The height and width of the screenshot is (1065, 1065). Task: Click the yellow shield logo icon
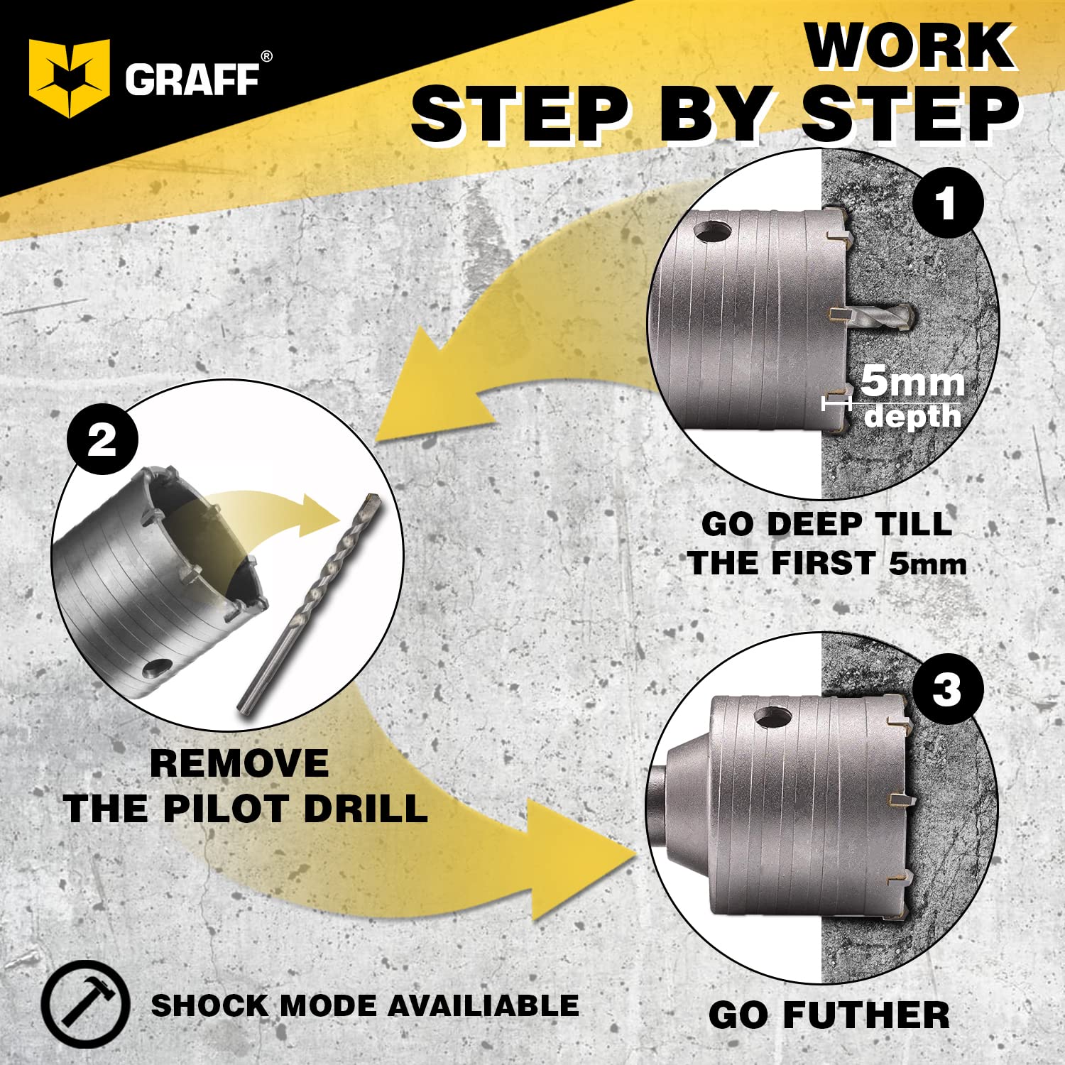69,77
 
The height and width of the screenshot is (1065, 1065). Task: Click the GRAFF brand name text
192,80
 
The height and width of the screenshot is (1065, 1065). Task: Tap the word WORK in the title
911,46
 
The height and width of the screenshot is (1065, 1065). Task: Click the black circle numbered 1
947,204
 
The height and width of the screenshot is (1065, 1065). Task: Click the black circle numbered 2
102,440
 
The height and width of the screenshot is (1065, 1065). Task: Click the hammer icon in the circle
85,1004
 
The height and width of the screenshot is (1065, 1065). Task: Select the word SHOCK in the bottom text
209,1005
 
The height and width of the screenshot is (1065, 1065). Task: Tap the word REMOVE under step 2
239,764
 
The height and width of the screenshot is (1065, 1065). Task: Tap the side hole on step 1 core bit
713,231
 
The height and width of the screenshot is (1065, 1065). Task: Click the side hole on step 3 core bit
772,718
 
